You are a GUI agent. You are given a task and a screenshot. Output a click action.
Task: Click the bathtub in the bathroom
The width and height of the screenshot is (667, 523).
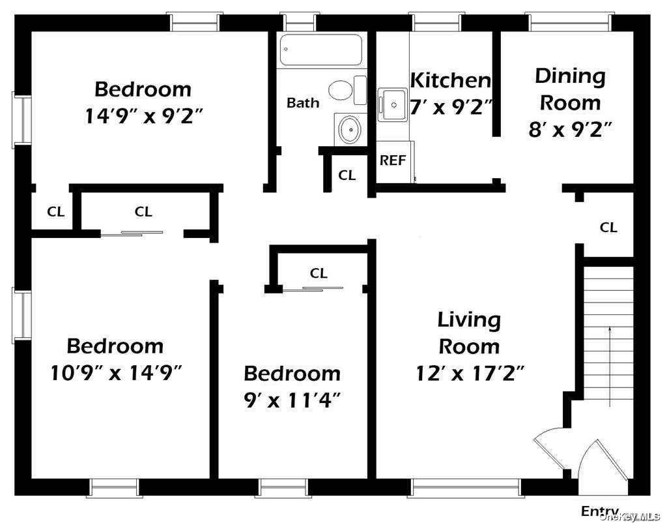(x=321, y=50)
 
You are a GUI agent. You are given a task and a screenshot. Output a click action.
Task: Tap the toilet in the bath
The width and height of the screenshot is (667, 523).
(x=347, y=90)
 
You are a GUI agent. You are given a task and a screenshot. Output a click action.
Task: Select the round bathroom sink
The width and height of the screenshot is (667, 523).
(x=350, y=128)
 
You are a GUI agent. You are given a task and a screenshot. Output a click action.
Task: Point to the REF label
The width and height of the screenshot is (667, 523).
(x=393, y=160)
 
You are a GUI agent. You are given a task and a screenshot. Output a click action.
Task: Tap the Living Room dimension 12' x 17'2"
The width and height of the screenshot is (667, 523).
(x=470, y=374)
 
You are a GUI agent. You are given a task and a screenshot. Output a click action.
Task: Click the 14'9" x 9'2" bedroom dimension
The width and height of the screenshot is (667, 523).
(x=144, y=116)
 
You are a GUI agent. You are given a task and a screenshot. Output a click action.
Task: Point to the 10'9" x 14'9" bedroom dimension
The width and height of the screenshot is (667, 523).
(x=116, y=373)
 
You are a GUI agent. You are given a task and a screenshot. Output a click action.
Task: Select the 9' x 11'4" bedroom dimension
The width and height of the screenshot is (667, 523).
(x=292, y=400)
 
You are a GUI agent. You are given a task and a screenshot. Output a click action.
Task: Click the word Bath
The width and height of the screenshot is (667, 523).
(x=303, y=102)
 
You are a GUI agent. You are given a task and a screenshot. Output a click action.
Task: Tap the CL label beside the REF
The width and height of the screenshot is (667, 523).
(x=347, y=175)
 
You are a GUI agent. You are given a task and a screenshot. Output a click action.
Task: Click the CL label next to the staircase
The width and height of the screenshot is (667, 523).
(x=608, y=228)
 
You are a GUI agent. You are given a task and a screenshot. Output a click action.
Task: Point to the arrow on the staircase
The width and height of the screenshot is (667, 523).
(x=610, y=366)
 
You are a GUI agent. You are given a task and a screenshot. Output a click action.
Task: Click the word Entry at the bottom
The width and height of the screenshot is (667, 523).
(x=600, y=511)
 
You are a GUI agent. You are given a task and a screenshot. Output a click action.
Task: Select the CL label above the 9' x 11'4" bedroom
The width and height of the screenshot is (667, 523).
(x=319, y=273)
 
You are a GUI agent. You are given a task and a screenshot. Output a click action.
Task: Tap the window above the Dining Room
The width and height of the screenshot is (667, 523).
(x=570, y=22)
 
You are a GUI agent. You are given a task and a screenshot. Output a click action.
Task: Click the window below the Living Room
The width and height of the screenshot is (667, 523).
(x=466, y=488)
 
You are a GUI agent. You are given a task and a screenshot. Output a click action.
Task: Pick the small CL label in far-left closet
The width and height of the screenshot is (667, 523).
(x=56, y=212)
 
